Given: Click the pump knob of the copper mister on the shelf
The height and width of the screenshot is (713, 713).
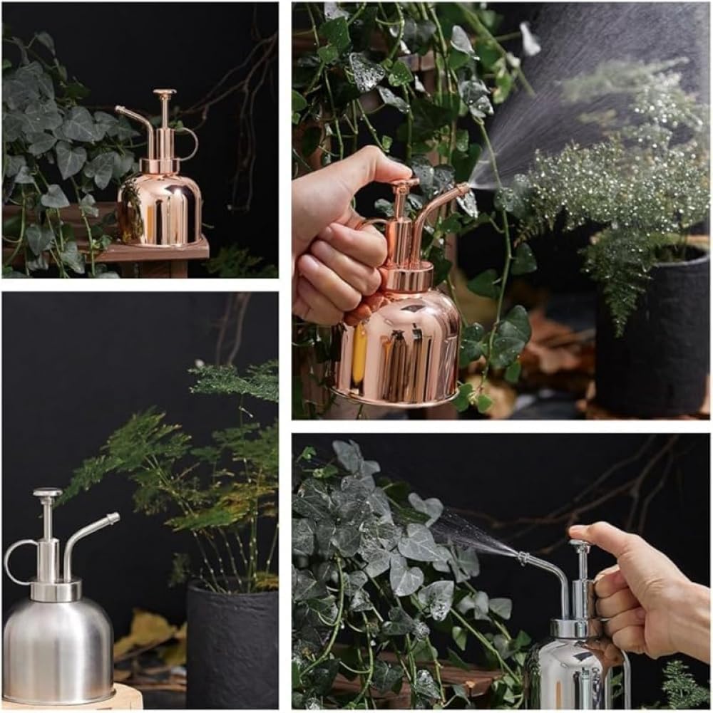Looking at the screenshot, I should tap(165, 93).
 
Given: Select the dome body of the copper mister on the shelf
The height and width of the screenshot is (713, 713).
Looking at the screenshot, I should tap(160, 210).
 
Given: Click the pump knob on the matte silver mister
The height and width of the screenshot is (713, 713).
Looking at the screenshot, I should tap(48, 493).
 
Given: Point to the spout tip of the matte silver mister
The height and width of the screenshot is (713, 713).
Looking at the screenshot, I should tap(113, 517).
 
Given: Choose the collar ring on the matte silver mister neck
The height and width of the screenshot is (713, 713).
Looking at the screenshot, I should tap(56, 590).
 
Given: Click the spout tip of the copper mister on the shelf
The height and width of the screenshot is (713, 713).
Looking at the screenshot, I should tap(118, 110).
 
